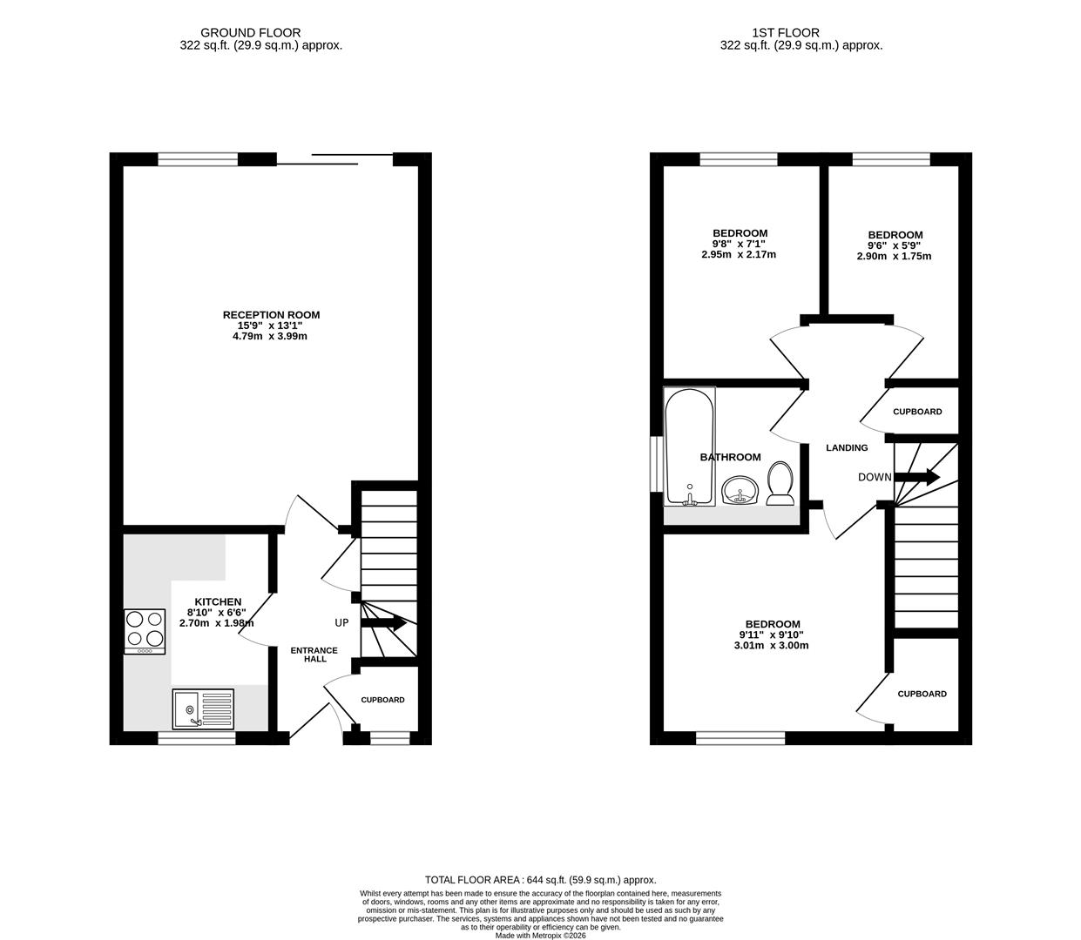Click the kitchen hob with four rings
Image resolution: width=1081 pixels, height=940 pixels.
(x=145, y=632)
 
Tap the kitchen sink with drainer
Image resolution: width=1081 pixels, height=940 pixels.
(x=203, y=708)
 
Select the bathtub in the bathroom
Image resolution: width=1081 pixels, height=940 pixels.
(x=690, y=446)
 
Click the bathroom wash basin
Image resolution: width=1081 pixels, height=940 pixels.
(x=740, y=490)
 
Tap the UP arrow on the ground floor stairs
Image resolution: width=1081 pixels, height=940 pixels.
(x=383, y=623)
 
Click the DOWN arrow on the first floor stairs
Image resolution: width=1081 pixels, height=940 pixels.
(x=916, y=477)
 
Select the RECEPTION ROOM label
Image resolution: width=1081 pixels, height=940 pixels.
(x=271, y=315)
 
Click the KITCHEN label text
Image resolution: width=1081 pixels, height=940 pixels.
(x=218, y=601)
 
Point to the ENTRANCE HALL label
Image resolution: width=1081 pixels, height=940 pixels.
(x=314, y=655)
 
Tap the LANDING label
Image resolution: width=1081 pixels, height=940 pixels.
(x=847, y=447)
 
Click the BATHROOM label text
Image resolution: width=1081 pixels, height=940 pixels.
(x=730, y=457)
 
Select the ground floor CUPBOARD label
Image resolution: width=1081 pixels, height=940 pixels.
(x=382, y=700)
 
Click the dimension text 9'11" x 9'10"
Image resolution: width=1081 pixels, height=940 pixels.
(x=772, y=635)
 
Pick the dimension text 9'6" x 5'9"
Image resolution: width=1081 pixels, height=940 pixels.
(x=894, y=245)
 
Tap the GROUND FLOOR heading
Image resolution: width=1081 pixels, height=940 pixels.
(x=251, y=33)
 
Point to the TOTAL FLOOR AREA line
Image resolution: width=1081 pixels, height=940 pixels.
(x=540, y=880)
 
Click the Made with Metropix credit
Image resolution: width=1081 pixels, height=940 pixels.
(x=540, y=936)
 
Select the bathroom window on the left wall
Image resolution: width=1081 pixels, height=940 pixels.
(x=657, y=464)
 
